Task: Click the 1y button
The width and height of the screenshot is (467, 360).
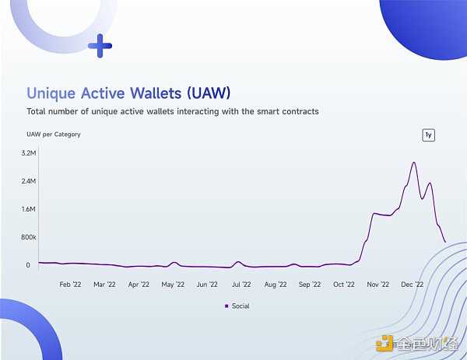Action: [428, 135]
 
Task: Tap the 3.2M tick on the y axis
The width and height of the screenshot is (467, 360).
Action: [28, 153]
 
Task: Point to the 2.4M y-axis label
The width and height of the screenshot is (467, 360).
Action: [28, 181]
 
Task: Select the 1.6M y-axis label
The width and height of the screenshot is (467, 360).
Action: [28, 209]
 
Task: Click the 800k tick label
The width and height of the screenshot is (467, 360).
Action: [28, 237]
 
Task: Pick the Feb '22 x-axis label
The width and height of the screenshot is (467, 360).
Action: [71, 285]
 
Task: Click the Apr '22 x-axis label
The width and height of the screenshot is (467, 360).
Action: [139, 285]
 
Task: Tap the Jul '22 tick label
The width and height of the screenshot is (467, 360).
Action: [241, 285]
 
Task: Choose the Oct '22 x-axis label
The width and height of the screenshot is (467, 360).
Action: [343, 285]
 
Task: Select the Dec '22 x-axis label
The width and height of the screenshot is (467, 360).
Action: [412, 285]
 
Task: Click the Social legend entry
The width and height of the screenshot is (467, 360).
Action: [237, 306]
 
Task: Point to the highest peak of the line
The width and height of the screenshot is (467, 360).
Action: [414, 163]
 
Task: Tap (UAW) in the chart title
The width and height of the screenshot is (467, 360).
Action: [209, 93]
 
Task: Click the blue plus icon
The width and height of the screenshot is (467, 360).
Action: [100, 46]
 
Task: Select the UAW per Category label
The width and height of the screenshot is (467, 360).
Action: [54, 135]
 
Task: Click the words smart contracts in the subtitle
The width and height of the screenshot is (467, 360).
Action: [283, 112]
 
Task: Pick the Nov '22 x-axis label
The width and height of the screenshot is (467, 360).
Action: [377, 285]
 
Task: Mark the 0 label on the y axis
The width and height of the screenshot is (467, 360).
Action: [28, 265]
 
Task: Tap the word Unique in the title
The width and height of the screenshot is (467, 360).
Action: [53, 93]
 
